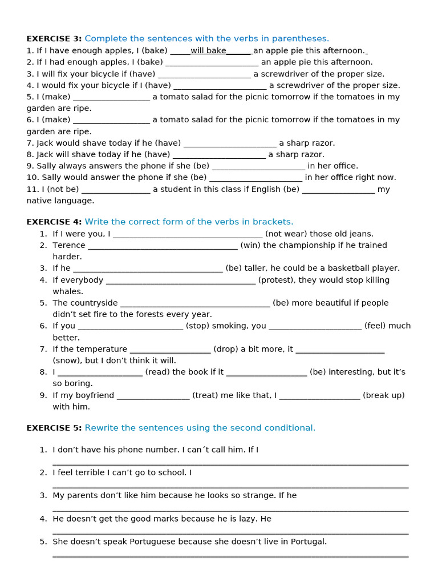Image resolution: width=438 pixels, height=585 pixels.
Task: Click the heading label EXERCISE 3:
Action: coord(54,39)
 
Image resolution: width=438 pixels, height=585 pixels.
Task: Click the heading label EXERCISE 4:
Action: coord(54,222)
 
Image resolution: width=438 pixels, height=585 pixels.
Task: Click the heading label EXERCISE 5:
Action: coord(54,428)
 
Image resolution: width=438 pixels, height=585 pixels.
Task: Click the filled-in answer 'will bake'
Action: coord(208,51)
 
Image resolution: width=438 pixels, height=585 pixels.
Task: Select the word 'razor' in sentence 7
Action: coord(322,143)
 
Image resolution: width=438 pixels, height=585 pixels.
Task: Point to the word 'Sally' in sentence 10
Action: coord(48,177)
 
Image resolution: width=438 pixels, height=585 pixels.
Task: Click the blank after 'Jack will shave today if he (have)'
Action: coord(219,154)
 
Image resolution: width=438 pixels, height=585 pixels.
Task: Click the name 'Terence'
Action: coord(69,245)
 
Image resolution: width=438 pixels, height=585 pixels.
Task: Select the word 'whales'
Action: coord(68,291)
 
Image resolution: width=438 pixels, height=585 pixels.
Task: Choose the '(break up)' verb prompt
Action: coord(384,395)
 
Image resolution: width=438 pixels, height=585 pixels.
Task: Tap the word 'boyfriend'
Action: coord(94,395)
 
